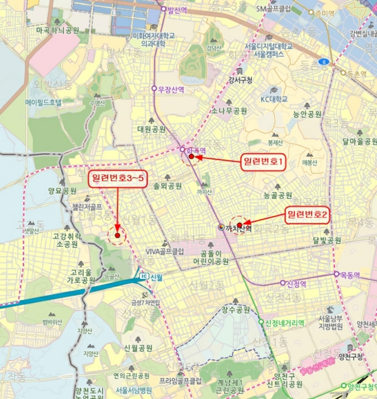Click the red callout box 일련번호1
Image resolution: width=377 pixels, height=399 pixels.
[263, 162]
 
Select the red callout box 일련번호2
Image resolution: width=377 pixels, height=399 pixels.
[308, 215]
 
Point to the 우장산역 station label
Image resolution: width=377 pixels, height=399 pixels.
[172, 89]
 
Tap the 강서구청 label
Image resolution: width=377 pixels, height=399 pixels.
[240, 79]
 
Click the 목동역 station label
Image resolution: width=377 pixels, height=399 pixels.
[351, 274]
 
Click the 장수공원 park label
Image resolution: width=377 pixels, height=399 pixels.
[236, 310]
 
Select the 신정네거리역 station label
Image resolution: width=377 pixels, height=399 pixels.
[285, 323]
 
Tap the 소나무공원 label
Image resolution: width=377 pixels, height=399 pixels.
[229, 111]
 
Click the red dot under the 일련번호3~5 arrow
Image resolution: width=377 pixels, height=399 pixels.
[117, 235]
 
